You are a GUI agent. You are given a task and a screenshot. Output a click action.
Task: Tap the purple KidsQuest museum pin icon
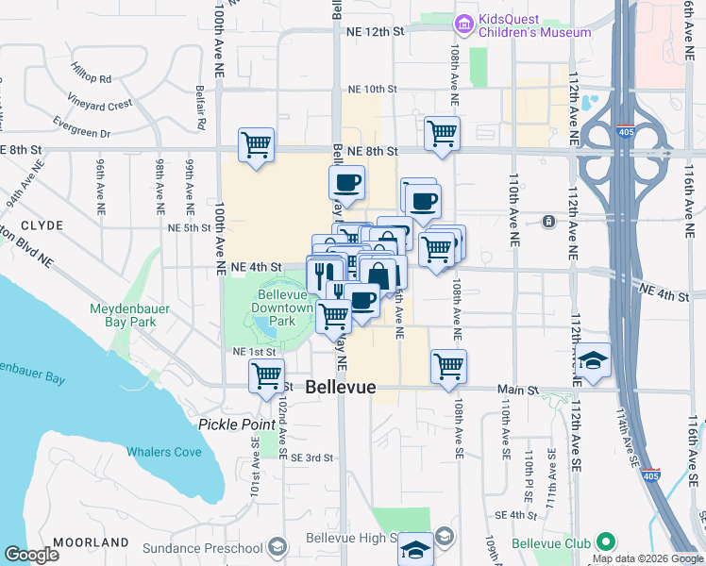(x=463, y=23)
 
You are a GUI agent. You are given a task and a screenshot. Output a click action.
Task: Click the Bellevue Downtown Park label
(x=285, y=308)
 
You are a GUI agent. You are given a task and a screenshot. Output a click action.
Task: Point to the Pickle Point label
(x=236, y=424)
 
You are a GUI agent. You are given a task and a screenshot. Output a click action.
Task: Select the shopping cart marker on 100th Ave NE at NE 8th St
(x=256, y=145)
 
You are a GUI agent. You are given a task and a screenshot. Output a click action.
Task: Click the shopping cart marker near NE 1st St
(x=267, y=375)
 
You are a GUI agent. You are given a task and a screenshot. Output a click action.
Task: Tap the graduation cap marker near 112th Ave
(x=593, y=361)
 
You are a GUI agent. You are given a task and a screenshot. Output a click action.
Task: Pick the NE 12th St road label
(x=375, y=31)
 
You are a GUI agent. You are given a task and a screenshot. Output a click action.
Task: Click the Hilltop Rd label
(x=91, y=73)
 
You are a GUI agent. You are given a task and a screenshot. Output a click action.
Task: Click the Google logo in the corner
(x=31, y=555)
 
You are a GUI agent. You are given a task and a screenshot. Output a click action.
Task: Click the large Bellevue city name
(x=341, y=388)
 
